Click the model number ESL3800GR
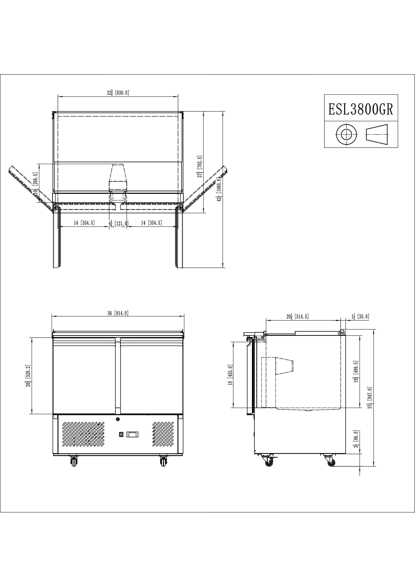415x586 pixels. click(361, 109)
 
